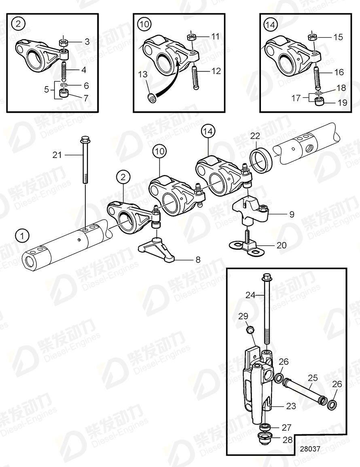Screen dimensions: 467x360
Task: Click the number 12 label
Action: click(x=216, y=71)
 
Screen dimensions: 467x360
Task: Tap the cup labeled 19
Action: click(x=320, y=101)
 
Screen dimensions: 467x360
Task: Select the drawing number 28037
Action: click(x=309, y=449)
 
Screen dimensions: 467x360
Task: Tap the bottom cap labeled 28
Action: click(x=265, y=439)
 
